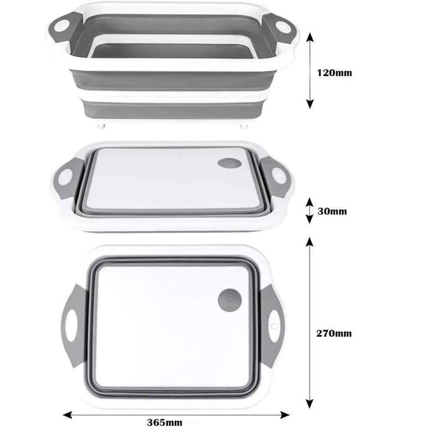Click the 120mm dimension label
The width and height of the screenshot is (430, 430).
[x=334, y=73]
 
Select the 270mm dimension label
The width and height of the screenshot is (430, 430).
[x=334, y=333]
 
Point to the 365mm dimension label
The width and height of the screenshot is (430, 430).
[x=165, y=422]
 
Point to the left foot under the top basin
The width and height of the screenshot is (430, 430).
[x=101, y=126]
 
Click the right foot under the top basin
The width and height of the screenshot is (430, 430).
[x=244, y=126]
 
